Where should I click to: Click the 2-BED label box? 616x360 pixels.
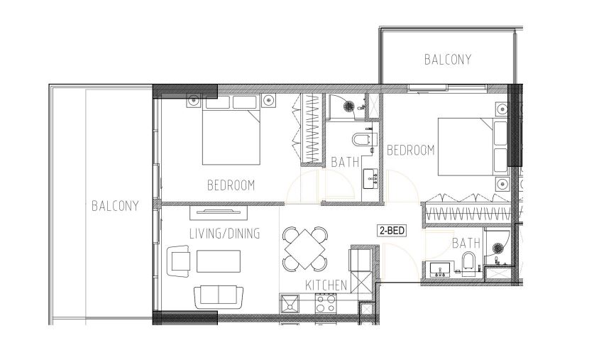[392, 230]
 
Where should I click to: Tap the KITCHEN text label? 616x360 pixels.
[326, 285]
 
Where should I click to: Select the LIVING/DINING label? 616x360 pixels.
[225, 234]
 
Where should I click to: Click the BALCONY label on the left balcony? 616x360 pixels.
[115, 206]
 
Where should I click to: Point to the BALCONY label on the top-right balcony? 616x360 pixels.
[448, 60]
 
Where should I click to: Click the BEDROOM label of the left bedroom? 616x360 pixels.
[231, 185]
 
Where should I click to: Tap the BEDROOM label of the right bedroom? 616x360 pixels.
[411, 150]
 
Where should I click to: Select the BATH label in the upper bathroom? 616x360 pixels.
[345, 162]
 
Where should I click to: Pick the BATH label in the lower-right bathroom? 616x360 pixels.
[466, 244]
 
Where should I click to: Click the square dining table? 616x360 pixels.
[305, 249]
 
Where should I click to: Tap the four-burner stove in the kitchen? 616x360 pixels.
[326, 303]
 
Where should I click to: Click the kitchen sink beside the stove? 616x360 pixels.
[290, 304]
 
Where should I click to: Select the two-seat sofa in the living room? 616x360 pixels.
[219, 298]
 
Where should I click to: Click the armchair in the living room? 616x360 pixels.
[179, 261]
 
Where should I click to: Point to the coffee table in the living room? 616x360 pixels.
[219, 261]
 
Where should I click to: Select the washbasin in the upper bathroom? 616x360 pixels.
[370, 179]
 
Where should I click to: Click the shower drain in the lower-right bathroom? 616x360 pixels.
[498, 248]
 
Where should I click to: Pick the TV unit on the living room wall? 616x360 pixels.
[219, 212]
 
